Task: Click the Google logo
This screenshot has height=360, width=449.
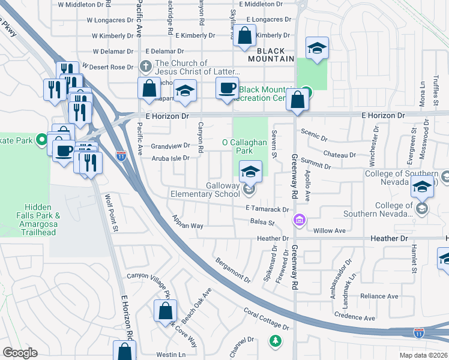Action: coord(20,353)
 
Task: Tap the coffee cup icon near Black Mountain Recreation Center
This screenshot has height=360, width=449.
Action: coord(227,89)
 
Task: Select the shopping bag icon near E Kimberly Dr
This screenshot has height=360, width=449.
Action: coord(244,36)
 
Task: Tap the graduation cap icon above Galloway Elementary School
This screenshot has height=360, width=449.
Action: coord(250,172)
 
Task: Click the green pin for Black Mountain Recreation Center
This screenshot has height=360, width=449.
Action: coord(306,92)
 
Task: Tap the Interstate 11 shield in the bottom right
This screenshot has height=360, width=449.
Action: coord(418,332)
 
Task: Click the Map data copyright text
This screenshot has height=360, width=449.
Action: coord(422,355)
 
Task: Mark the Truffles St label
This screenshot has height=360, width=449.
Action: coord(436,90)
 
